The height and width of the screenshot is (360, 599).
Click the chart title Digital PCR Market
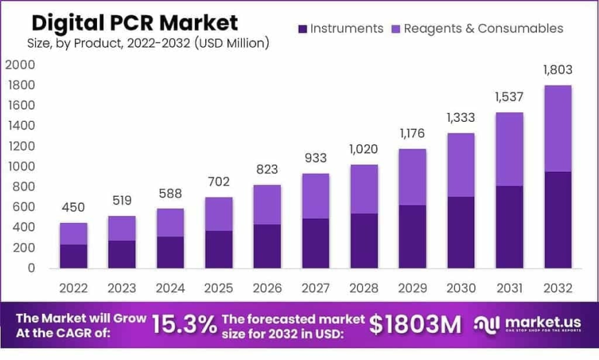pyautogui.click(x=135, y=22)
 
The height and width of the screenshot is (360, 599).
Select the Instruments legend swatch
pyautogui.click(x=302, y=29)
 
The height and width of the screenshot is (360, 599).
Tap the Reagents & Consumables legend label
pyautogui.click(x=483, y=28)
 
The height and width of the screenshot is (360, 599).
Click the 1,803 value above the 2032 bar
pyautogui.click(x=557, y=70)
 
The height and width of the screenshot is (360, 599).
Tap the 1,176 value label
pyautogui.click(x=412, y=133)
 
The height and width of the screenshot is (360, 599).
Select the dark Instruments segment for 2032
pyautogui.click(x=557, y=220)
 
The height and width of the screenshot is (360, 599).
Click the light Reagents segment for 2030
pyautogui.click(x=461, y=165)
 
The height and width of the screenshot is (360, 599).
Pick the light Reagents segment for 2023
pyautogui.click(x=121, y=228)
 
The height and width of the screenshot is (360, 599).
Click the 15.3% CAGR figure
pyautogui.click(x=184, y=324)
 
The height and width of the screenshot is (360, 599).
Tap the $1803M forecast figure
pyautogui.click(x=415, y=324)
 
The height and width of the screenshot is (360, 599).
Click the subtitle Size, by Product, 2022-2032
pyautogui.click(x=148, y=43)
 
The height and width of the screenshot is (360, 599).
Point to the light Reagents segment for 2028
pyautogui.click(x=363, y=189)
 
